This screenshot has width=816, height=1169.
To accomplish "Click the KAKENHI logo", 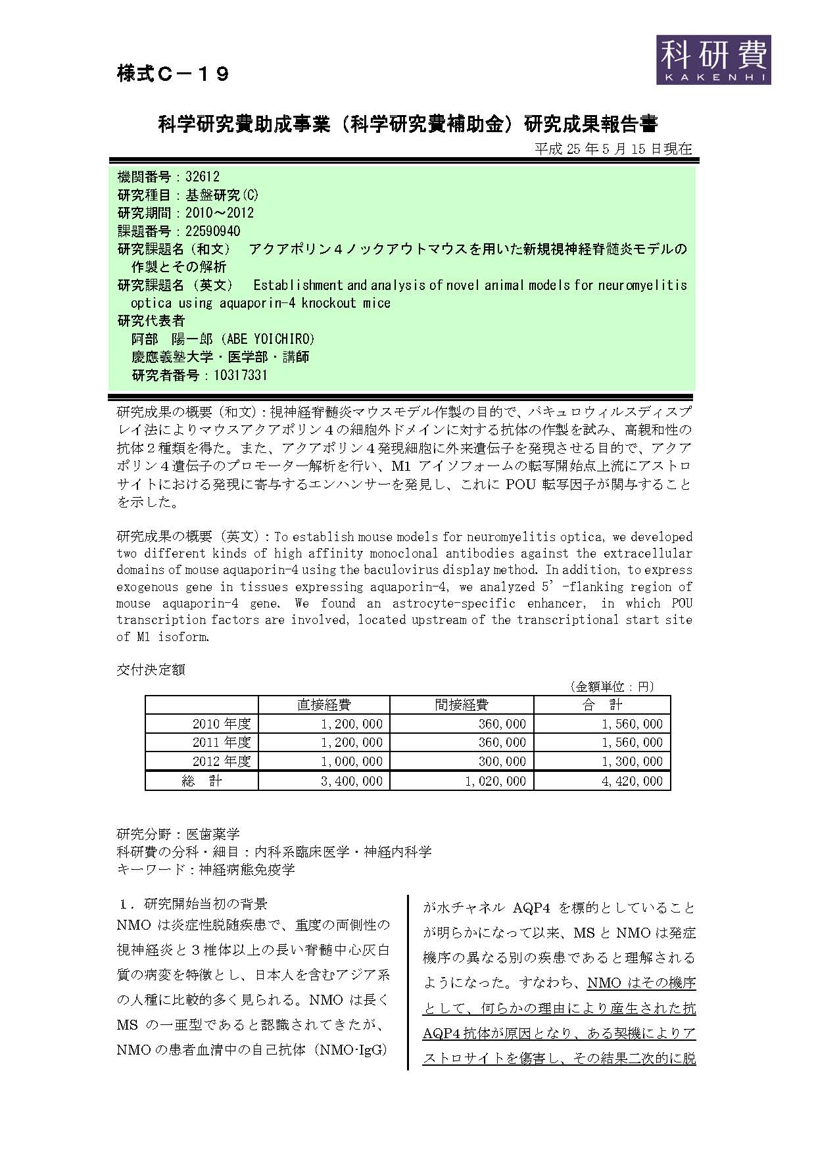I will tap(713, 59).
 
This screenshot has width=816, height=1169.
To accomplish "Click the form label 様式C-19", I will tap(173, 74).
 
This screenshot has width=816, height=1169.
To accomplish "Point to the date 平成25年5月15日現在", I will tap(613, 149).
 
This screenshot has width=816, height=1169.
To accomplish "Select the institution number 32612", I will tap(203, 177).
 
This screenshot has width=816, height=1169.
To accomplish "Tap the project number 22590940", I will tap(213, 231).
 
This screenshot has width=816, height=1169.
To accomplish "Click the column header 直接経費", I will tap(324, 705).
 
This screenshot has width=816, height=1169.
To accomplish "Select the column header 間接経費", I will tap(462, 705).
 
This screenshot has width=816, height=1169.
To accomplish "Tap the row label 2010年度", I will tap(222, 724).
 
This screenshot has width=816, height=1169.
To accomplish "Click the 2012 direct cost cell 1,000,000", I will tap(352, 761).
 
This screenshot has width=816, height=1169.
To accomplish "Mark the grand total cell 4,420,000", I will tap(633, 781).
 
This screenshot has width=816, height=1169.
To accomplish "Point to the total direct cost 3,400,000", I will tap(352, 781).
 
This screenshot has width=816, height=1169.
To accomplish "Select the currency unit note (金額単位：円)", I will tap(612, 686).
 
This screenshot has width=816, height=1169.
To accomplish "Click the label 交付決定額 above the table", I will tap(151, 669).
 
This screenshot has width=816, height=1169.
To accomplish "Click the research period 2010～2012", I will tap(220, 213).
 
